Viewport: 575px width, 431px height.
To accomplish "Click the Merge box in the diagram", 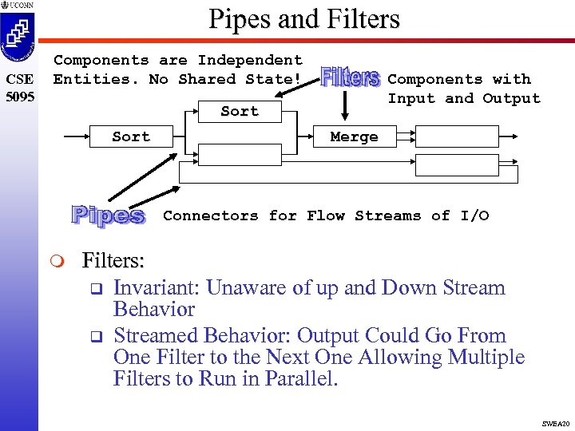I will [354, 137].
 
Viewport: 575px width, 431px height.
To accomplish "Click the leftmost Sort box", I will [131, 137].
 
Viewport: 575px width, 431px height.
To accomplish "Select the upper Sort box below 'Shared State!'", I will [240, 112].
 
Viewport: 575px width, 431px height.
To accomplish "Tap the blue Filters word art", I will [350, 78].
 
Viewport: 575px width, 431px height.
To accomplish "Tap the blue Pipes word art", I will [109, 215].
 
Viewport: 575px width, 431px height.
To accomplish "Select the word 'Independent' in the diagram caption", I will [250, 60].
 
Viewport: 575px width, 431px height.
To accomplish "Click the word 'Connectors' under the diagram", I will [211, 215].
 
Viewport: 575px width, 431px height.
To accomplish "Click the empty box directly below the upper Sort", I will [240, 154].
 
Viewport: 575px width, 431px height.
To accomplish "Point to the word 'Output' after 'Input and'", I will [511, 99].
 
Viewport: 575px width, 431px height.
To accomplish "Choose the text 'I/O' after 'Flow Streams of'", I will [474, 215].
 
